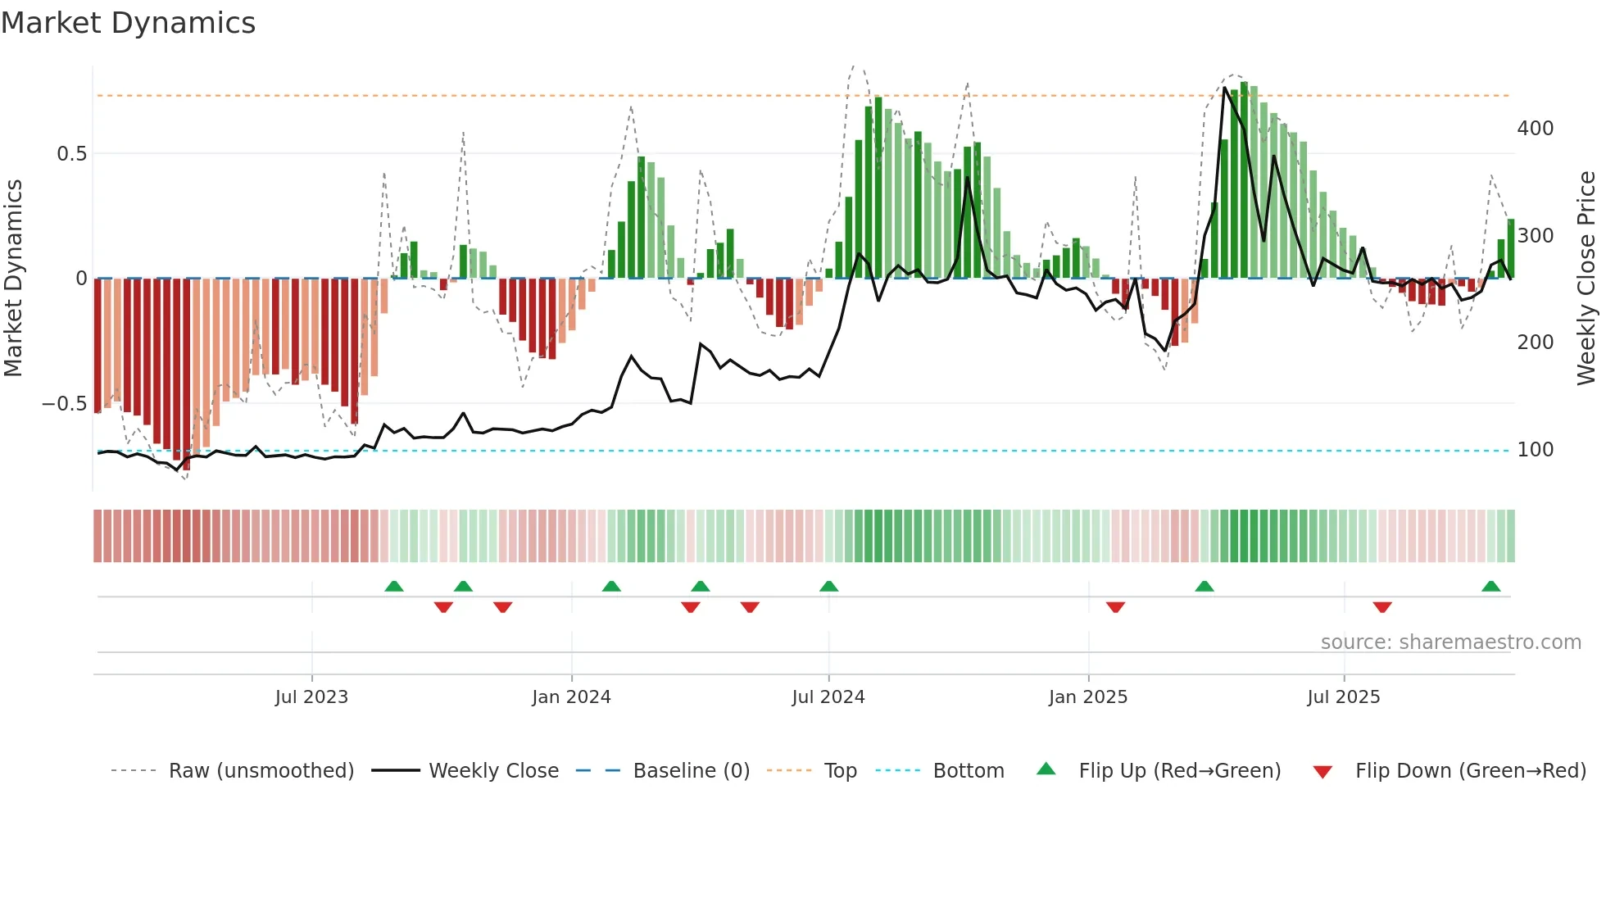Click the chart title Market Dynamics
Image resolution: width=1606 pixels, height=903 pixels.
pyautogui.click(x=128, y=23)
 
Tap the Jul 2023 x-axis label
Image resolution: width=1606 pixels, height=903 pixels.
pyautogui.click(x=311, y=697)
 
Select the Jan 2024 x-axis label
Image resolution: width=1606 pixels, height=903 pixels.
pyautogui.click(x=571, y=697)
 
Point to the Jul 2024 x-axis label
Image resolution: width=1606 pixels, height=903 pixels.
pyautogui.click(x=828, y=697)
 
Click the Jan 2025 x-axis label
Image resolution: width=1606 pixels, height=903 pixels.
pyautogui.click(x=1088, y=697)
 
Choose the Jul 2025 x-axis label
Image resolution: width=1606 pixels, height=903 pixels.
pyautogui.click(x=1343, y=697)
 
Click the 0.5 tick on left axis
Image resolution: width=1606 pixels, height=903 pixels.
pyautogui.click(x=71, y=154)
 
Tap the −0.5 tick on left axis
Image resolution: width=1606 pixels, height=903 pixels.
pyautogui.click(x=64, y=404)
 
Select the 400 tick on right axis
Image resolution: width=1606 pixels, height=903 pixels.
pyautogui.click(x=1535, y=129)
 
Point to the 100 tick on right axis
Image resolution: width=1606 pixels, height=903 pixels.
pyautogui.click(x=1535, y=450)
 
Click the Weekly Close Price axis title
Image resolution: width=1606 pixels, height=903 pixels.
pyautogui.click(x=1586, y=279)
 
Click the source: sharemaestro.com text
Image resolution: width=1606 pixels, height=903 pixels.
pyautogui.click(x=1450, y=642)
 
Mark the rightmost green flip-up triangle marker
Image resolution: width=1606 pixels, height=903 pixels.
pyautogui.click(x=1490, y=587)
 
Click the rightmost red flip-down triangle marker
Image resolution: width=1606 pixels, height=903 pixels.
pyautogui.click(x=1382, y=607)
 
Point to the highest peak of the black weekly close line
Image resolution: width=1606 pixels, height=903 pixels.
pyautogui.click(x=1224, y=88)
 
